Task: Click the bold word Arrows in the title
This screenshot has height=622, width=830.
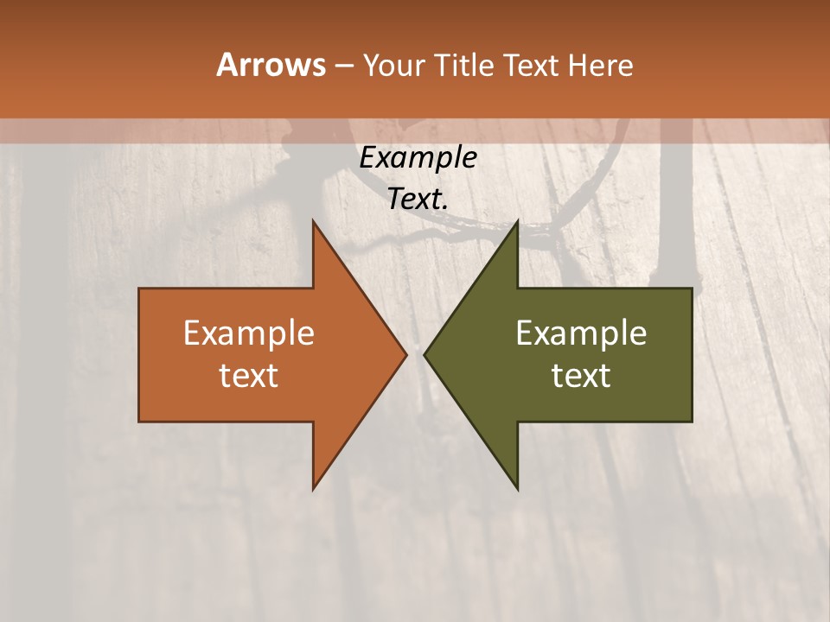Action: [x=270, y=65]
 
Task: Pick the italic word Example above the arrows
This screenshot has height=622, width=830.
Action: [x=418, y=158]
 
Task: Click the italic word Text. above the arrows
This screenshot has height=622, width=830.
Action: [x=418, y=199]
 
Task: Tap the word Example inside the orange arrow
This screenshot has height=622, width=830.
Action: [x=249, y=333]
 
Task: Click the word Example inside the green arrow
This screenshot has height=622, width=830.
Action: [x=581, y=333]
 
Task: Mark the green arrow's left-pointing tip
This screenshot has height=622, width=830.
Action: [x=425, y=354]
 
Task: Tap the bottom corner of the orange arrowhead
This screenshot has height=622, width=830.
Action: [x=314, y=488]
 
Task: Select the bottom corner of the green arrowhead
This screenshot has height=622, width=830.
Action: [x=516, y=488]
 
